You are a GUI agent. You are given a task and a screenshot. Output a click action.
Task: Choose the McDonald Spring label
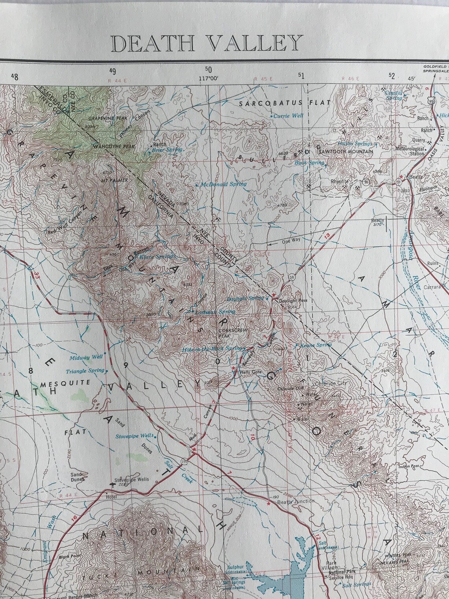click(223, 184)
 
